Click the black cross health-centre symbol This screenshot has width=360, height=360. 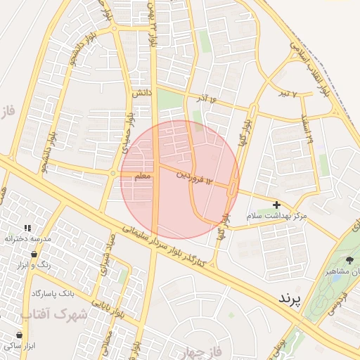pyautogui.click(x=277, y=204)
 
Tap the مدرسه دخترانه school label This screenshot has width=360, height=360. pyautogui.click(x=28, y=239)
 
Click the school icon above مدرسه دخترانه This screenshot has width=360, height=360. pyautogui.click(x=27, y=228)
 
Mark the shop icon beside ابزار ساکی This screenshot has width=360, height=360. pyautogui.click(x=19, y=335)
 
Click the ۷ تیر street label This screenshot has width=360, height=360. pyautogui.click(x=285, y=93)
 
